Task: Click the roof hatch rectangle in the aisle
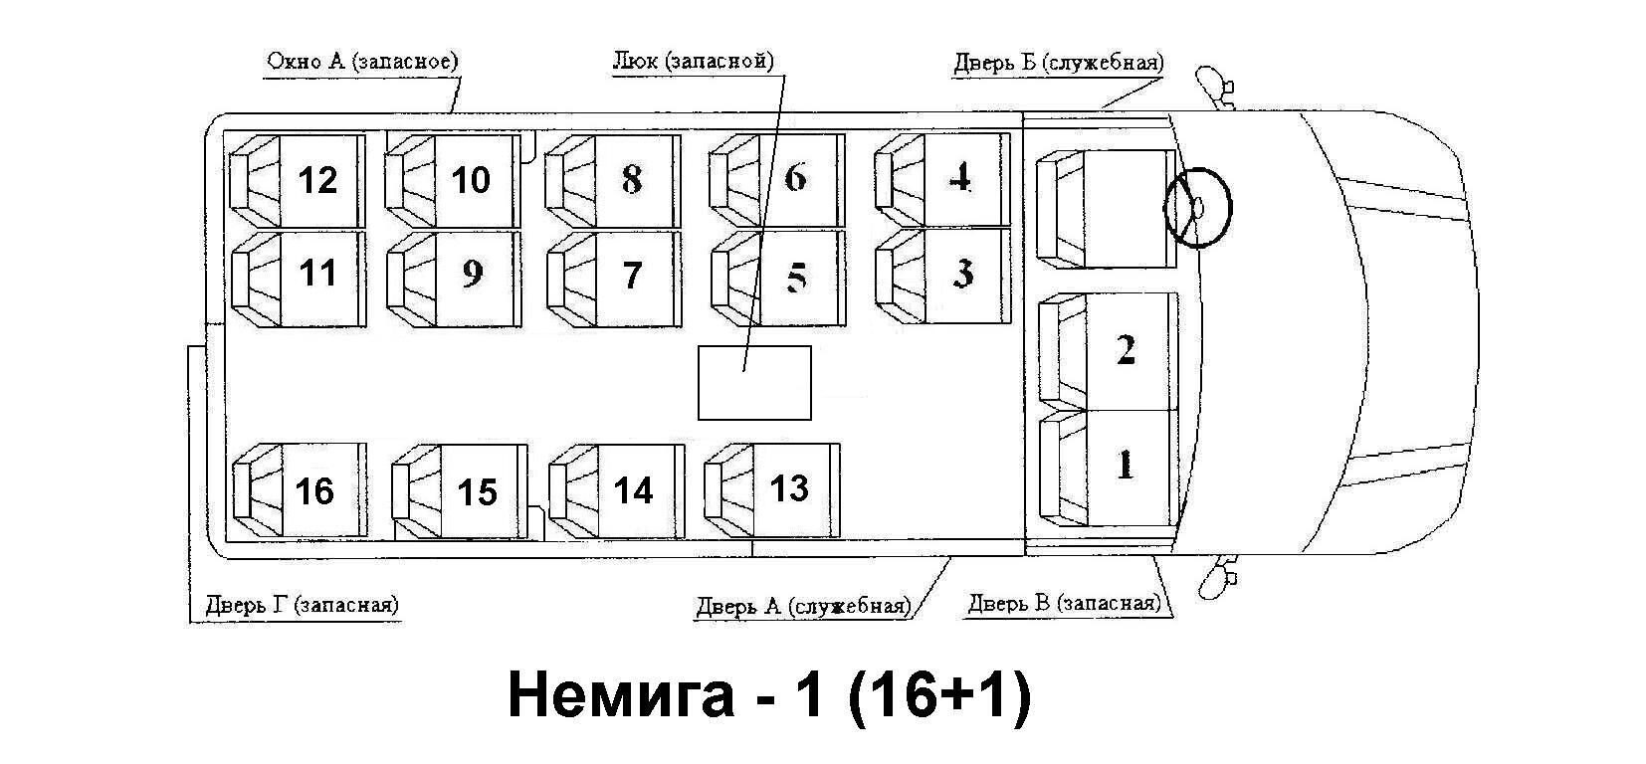pyautogui.click(x=754, y=383)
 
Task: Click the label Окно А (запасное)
pyautogui.click(x=362, y=62)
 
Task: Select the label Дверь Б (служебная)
pyautogui.click(x=1059, y=64)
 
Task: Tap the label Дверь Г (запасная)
pyautogui.click(x=302, y=605)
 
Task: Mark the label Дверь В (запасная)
pyautogui.click(x=1063, y=604)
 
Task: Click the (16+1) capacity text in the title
pyautogui.click(x=940, y=694)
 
